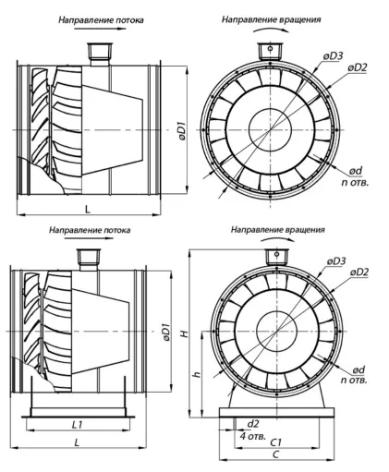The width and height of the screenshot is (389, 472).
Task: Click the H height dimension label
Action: [x=185, y=333]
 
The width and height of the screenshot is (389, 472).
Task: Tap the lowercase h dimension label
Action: [x=197, y=374]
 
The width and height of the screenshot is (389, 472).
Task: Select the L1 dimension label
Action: [x=78, y=425]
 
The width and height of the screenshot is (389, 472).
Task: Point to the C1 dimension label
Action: [x=276, y=442]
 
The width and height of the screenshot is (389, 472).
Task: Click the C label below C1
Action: [x=276, y=454]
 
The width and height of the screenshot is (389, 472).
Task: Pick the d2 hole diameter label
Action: [x=253, y=424]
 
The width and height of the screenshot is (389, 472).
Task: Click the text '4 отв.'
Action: [x=253, y=436]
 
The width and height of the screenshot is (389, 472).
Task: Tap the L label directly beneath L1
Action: [x=77, y=442]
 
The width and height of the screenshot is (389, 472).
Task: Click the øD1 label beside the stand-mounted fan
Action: [x=166, y=333]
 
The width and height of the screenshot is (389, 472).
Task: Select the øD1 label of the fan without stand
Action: [x=182, y=131]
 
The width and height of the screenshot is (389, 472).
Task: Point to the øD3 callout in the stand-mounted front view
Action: [x=336, y=261]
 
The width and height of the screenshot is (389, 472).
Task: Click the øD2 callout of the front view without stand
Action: [x=358, y=67]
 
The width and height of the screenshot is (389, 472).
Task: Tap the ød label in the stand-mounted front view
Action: [x=359, y=369]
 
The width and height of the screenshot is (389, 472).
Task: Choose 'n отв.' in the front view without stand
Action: [x=355, y=182]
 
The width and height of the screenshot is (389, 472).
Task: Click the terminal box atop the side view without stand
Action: [x=100, y=51]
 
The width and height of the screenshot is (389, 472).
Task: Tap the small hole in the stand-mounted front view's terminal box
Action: [x=277, y=255]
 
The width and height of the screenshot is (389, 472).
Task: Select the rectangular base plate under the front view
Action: [x=276, y=413]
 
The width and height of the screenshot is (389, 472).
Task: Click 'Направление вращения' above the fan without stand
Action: [x=272, y=19]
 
